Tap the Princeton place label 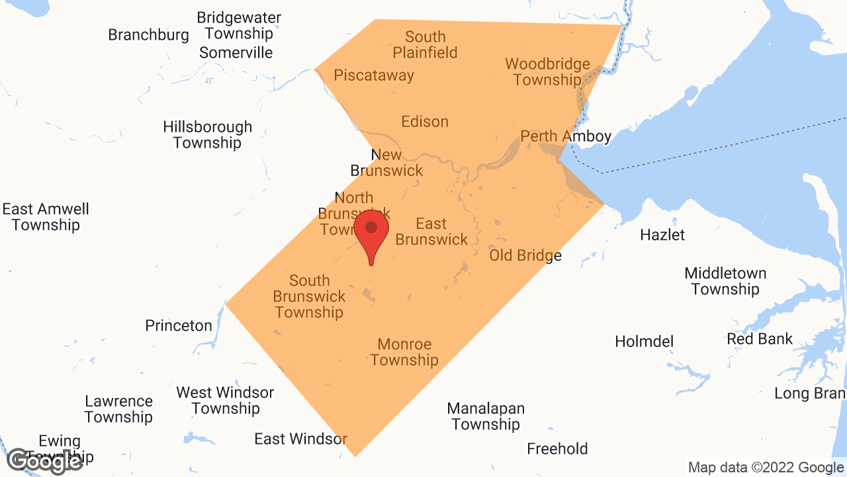coord(179,326)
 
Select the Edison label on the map coord(425,122)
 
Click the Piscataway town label coord(374,76)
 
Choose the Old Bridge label coord(525,256)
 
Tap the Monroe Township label coord(404,352)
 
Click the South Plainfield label coord(425,45)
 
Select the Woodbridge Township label coord(547,72)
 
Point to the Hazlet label coord(662,235)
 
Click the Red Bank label coord(760,339)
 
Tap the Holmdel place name coord(644,342)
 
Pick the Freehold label coord(557,449)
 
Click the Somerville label coord(236,53)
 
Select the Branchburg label coord(149,35)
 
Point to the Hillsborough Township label coord(208,135)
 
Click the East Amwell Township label coord(46,217)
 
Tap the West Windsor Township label coord(225,401)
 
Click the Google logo coord(44,461)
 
